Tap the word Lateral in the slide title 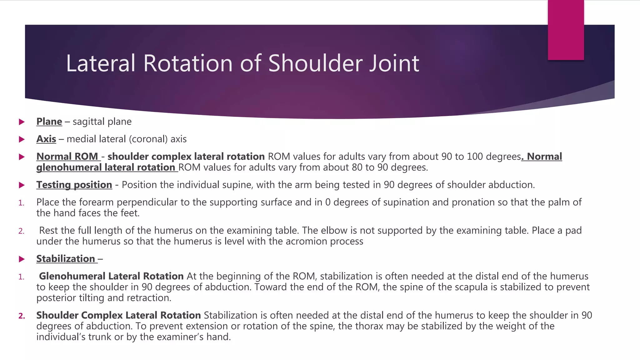101,63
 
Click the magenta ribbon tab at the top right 566,30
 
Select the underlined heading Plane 49,122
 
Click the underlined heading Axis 46,139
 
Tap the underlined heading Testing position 74,185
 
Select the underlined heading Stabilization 66,259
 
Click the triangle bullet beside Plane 22,122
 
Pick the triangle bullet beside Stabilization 22,259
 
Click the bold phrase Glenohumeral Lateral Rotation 111,276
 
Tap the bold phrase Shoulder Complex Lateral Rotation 118,315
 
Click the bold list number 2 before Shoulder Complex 22,316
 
